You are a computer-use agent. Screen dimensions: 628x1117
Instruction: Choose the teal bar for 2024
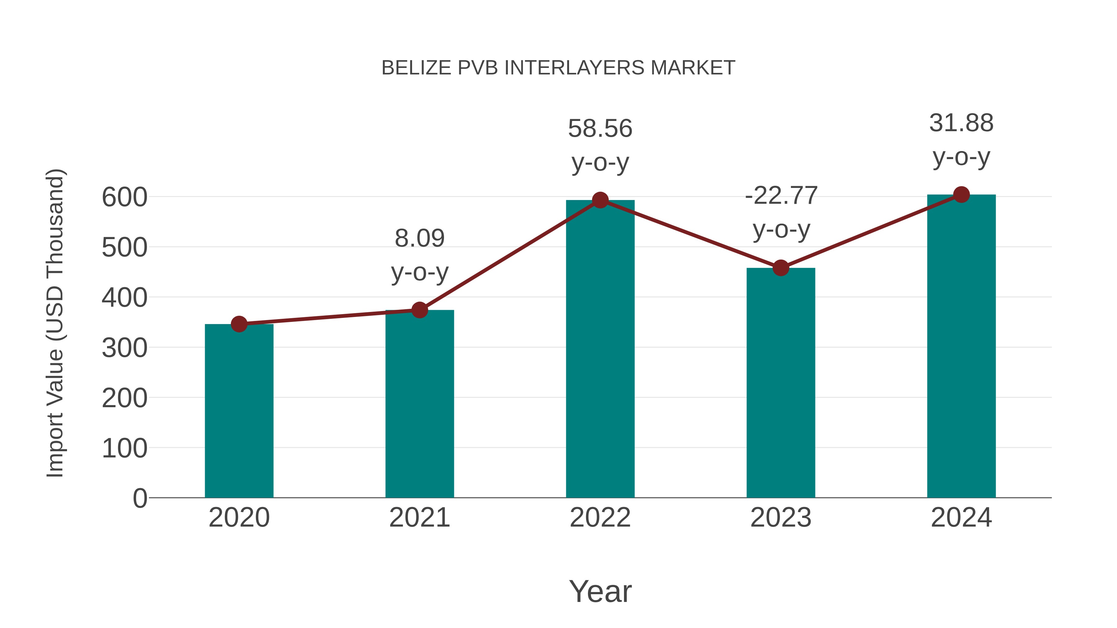click(961, 346)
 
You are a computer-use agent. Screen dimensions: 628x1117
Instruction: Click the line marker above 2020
click(239, 324)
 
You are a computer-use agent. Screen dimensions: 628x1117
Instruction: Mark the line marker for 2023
click(781, 268)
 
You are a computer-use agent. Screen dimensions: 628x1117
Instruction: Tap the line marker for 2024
click(961, 194)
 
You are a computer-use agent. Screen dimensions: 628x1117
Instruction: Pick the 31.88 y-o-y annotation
click(961, 140)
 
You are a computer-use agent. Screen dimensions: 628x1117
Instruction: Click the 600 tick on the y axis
click(124, 197)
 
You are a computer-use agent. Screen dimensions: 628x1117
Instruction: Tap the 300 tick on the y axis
click(124, 348)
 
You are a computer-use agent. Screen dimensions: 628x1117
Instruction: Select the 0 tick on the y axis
click(140, 498)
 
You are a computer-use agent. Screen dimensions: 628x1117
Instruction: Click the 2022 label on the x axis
click(600, 518)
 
